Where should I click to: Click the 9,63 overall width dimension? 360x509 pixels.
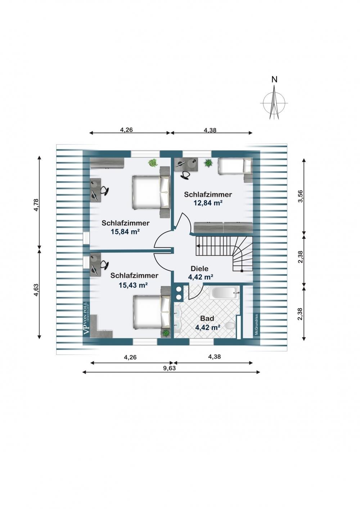click(x=170, y=368)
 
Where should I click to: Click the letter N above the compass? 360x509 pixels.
click(x=275, y=80)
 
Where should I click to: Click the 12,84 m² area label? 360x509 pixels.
click(x=208, y=203)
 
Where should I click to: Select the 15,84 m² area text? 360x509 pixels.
click(x=125, y=232)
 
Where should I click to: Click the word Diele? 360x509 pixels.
click(x=199, y=269)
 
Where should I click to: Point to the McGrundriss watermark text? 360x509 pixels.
click(x=256, y=325)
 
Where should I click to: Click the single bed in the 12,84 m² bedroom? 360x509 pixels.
click(x=235, y=166)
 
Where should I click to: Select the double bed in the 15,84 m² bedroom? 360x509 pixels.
click(x=151, y=192)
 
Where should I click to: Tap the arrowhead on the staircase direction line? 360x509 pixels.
click(x=198, y=246)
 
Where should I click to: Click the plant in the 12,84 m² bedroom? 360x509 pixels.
click(x=208, y=163)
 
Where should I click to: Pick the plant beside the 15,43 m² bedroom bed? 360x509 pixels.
click(x=166, y=333)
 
